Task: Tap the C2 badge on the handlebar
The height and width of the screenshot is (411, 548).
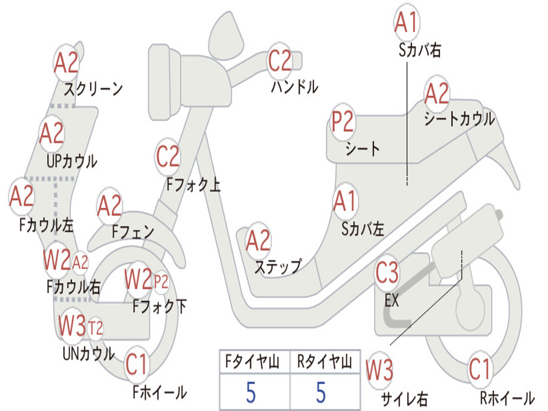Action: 279,61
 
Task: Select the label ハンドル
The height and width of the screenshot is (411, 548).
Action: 294,87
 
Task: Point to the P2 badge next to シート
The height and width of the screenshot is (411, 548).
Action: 342,122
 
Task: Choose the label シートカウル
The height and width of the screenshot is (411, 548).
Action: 459,119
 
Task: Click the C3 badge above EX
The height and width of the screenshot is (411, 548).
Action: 387,273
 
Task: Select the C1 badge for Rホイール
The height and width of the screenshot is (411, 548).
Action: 479,369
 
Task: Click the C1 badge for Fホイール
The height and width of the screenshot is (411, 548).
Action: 136,366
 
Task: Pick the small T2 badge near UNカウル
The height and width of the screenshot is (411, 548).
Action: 95,328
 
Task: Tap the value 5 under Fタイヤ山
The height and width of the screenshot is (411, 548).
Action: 251,393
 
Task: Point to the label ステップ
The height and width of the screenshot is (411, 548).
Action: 278,266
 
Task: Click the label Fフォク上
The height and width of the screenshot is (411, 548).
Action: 193,185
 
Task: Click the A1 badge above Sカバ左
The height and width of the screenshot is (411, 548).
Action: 345,202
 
